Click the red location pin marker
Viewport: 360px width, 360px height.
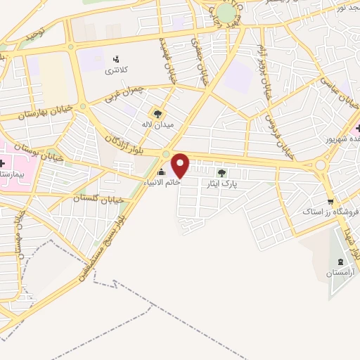click(x=181, y=165)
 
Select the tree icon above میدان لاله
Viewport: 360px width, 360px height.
click(x=157, y=113)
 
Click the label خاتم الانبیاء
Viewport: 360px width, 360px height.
click(x=162, y=182)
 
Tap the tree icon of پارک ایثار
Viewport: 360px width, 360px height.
click(x=221, y=173)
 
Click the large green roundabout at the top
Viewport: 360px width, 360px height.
click(x=226, y=12)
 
